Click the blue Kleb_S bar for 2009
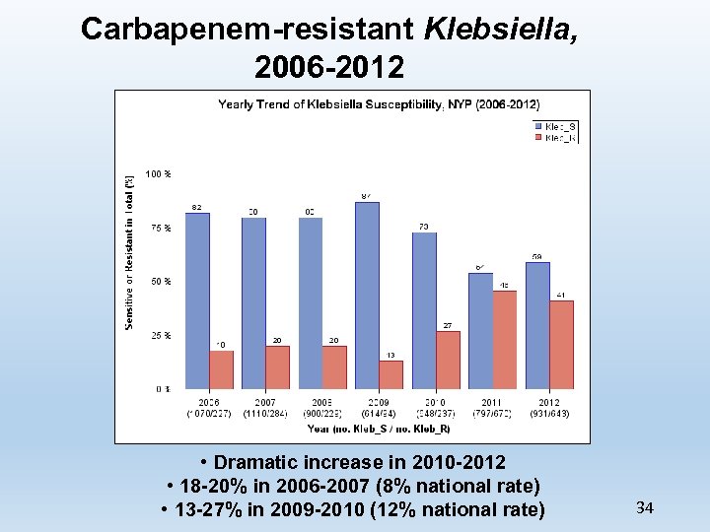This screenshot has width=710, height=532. [367, 295]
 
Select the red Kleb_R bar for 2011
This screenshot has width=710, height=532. [504, 339]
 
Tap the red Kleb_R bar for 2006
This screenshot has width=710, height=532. [221, 369]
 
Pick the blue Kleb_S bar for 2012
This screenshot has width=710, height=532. [537, 325]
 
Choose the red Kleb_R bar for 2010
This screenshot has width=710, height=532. [448, 360]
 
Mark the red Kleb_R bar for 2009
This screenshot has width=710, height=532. [390, 374]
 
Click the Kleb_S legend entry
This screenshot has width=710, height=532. [555, 126]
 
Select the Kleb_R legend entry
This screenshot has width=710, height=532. [555, 138]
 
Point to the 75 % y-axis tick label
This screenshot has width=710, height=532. [160, 228]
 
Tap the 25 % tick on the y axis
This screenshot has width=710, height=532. [160, 335]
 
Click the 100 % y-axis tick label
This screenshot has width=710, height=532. [159, 174]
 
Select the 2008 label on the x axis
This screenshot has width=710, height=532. [322, 403]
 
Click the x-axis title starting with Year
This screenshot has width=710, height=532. [379, 428]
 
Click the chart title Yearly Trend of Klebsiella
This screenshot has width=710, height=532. [379, 103]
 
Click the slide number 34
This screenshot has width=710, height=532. [645, 508]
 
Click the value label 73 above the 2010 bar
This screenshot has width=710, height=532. [423, 227]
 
